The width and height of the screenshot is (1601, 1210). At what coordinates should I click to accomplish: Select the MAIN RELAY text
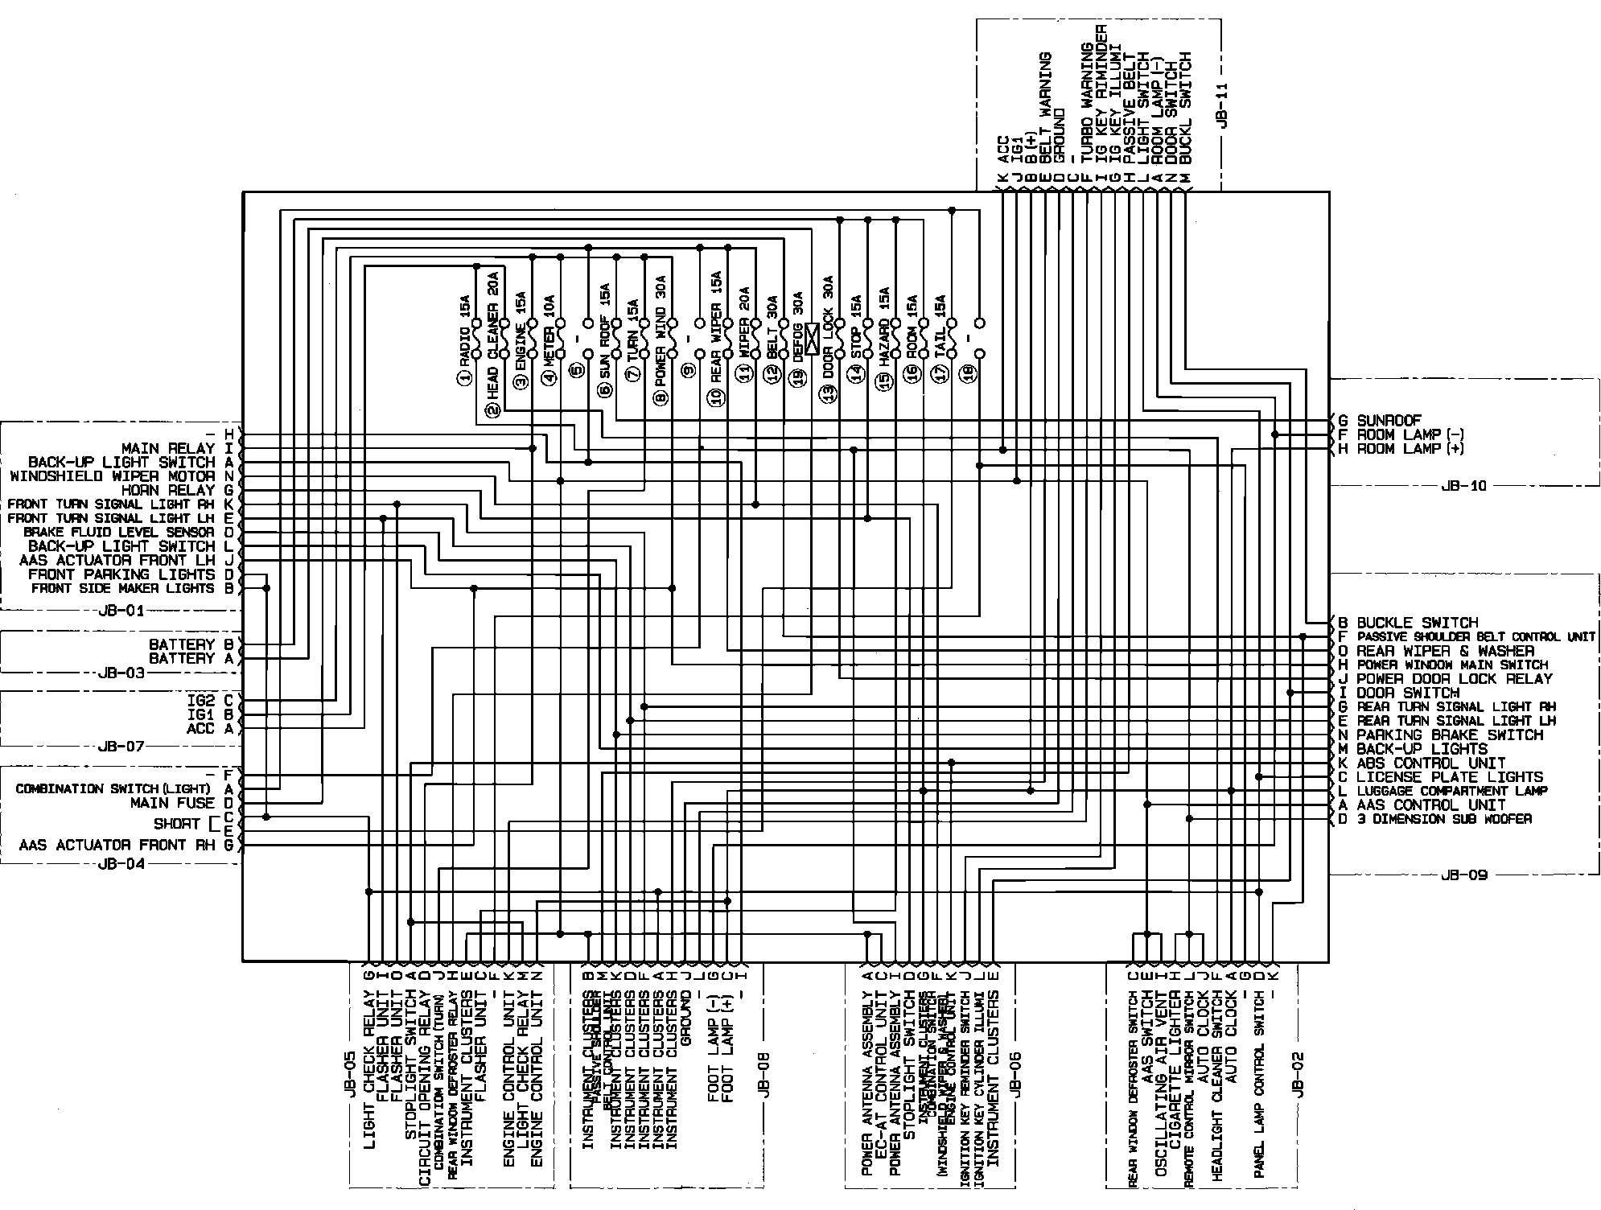click(168, 448)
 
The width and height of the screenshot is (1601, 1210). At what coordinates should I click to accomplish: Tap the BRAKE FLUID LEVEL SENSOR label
click(119, 533)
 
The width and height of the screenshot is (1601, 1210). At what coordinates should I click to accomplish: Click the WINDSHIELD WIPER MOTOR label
click(113, 476)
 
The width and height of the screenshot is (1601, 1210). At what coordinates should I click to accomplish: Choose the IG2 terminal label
click(200, 701)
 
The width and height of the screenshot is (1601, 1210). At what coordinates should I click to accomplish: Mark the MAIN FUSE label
click(173, 803)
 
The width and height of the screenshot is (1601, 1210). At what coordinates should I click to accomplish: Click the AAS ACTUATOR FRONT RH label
click(117, 845)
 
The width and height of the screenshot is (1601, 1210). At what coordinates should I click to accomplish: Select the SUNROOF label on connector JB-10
click(1389, 420)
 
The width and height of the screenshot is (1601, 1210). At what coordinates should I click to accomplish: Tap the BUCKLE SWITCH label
click(1418, 623)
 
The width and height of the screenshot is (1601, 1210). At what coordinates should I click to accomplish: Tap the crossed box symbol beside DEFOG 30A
click(813, 339)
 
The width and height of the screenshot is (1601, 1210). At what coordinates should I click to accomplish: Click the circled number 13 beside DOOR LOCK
click(826, 394)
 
